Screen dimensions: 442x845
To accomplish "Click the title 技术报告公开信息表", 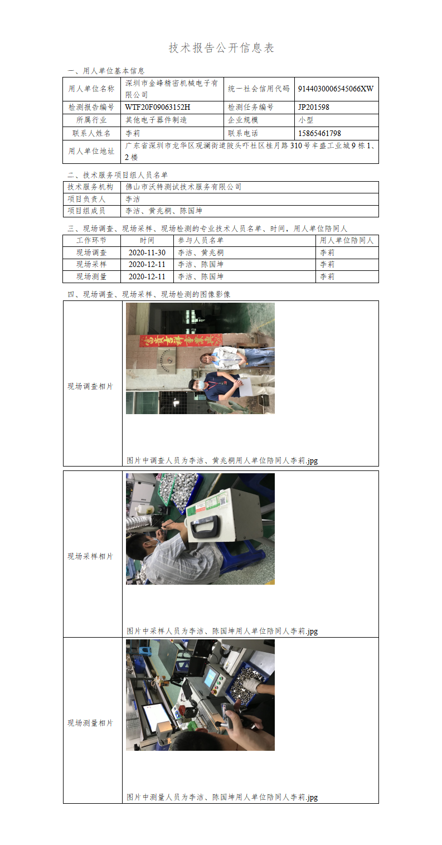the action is [x=221, y=48].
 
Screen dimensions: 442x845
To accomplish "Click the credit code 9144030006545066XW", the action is [x=336, y=89].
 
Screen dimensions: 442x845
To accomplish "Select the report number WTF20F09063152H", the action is [x=158, y=107].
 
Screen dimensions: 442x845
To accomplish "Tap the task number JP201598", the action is [x=314, y=107].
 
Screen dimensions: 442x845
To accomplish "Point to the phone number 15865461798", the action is [x=319, y=133].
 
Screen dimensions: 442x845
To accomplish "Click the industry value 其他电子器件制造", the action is [x=156, y=120].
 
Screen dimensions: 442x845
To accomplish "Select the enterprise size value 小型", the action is [x=306, y=120].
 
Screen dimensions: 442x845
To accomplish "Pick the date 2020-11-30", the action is [x=147, y=252].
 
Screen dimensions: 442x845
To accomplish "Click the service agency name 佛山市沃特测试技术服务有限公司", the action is [x=183, y=187].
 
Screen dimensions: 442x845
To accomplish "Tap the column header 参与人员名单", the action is [x=201, y=240].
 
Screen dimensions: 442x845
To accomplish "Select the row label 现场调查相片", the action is [x=90, y=386].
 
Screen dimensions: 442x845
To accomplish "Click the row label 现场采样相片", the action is [x=90, y=556].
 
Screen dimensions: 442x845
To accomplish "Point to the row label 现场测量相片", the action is [x=90, y=723].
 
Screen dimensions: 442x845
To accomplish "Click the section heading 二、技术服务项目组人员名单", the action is [x=118, y=175].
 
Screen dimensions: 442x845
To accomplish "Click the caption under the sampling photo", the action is [x=222, y=631].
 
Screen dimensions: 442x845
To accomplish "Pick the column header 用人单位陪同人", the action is [x=347, y=240].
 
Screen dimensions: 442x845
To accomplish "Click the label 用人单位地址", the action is [x=91, y=151].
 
